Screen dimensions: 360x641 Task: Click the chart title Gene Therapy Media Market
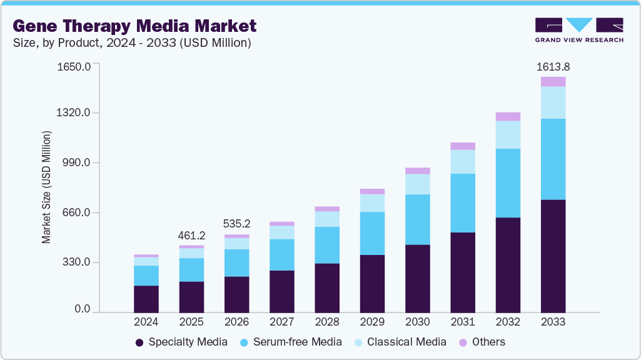134,26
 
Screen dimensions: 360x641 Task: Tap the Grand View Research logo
578,29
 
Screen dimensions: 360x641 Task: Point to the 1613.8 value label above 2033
553,66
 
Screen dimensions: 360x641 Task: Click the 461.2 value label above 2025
191,236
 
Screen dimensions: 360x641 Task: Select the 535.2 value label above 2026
237,224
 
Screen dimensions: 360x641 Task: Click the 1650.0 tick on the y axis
74,66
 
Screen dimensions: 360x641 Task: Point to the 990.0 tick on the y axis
76,162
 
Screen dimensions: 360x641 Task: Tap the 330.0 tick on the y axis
76,262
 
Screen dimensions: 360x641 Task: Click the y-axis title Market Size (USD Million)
46,187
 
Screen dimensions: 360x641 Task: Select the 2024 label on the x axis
146,322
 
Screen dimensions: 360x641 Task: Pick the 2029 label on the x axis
372,322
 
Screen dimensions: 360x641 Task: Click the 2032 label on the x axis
508,322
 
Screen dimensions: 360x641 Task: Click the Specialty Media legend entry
181,342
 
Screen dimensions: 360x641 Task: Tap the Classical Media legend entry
400,342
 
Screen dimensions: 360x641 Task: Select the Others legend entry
482,342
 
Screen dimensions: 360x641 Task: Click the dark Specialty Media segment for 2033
553,256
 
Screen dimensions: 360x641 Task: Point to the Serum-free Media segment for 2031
463,203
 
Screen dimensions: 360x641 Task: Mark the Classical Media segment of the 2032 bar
508,134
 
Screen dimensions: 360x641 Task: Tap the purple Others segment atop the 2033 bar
553,81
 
